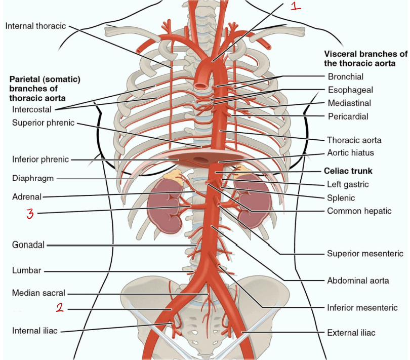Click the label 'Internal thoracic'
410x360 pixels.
coord(35,26)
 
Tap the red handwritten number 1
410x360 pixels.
coord(296,6)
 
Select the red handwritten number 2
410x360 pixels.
coord(60,307)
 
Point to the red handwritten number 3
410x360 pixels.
coord(30,214)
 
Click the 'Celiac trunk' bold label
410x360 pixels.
coord(348,171)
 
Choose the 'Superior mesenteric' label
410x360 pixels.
coord(365,253)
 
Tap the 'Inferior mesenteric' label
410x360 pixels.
coord(362,308)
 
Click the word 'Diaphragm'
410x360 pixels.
coord(33,178)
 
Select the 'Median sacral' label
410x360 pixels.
coord(38,293)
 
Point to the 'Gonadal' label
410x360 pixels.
coord(28,245)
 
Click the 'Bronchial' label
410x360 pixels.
coord(346,76)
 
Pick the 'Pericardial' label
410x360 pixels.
coord(348,116)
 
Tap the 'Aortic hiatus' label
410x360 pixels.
coord(350,152)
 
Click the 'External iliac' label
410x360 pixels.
coord(351,333)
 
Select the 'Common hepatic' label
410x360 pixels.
coord(359,211)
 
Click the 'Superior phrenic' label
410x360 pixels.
coord(44,123)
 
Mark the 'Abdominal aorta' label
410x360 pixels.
coord(358,281)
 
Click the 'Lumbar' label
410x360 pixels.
coord(27,270)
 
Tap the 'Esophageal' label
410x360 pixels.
coord(350,90)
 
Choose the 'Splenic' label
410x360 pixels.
coord(341,198)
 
